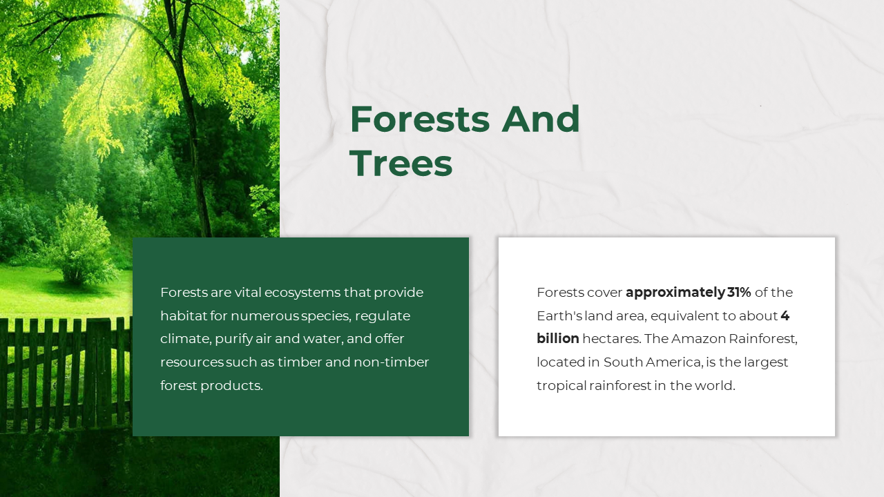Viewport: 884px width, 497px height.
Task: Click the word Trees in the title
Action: tap(401, 164)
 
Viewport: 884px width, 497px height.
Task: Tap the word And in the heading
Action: tap(541, 119)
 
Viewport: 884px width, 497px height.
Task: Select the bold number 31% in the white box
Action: tap(739, 292)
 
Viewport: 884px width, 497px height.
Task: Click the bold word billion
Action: tap(557, 338)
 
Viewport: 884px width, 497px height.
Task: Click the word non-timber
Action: tap(391, 362)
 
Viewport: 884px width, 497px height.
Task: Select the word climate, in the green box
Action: tap(186, 339)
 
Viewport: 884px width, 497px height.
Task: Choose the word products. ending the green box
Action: tap(231, 386)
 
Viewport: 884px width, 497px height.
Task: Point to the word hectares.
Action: tap(612, 338)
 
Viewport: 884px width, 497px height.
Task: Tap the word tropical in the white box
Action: tap(561, 386)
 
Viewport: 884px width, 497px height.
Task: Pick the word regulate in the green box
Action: tap(383, 316)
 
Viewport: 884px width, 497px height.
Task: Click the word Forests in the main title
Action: tap(419, 119)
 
